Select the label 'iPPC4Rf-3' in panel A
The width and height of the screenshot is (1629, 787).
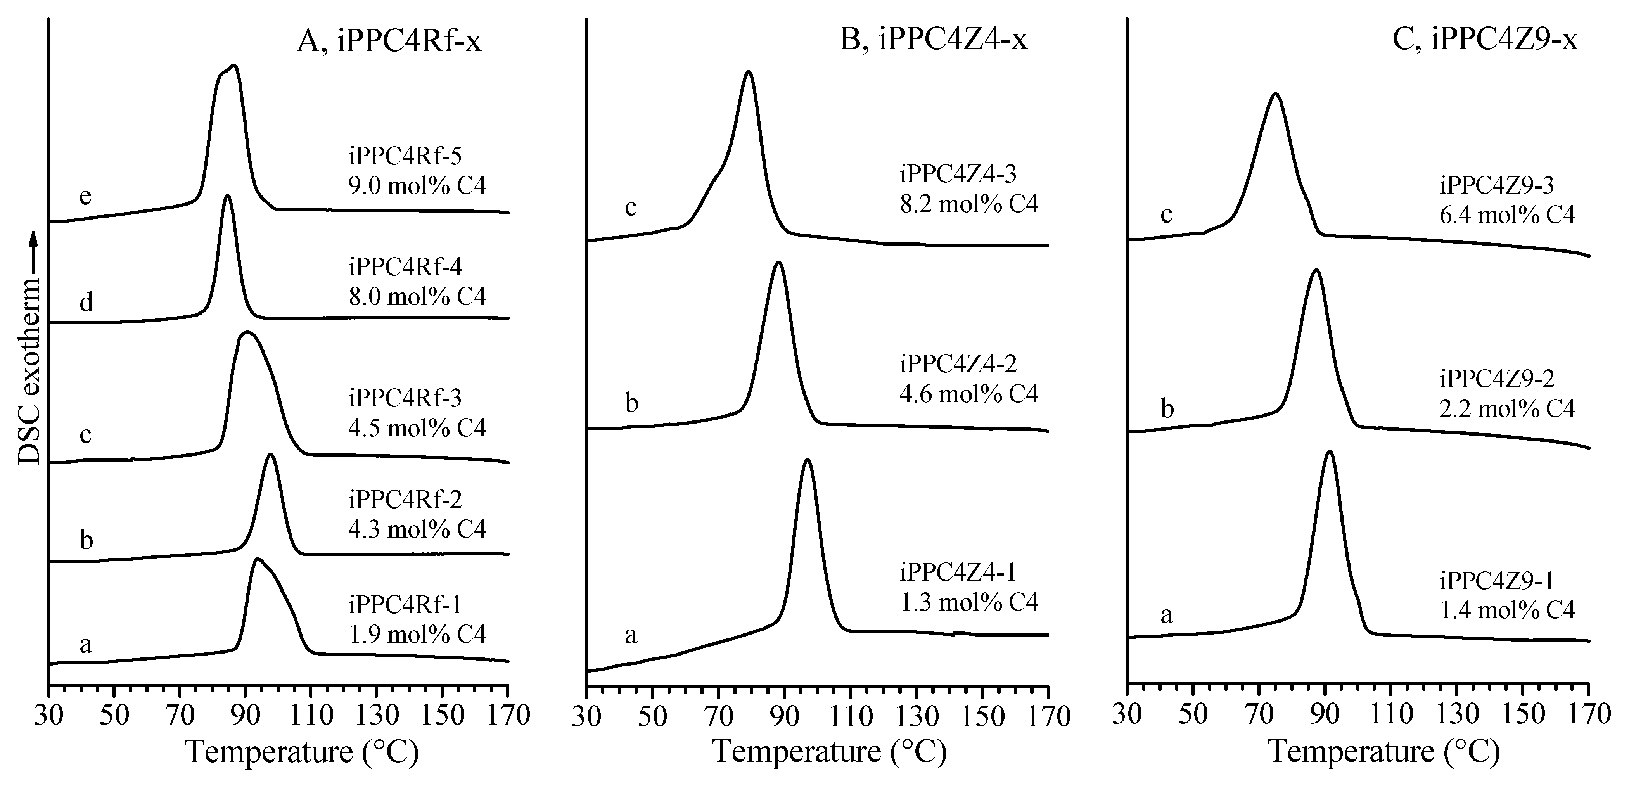(405, 398)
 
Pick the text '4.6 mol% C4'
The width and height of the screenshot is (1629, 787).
(969, 393)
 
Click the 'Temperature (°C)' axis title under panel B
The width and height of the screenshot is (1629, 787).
(829, 752)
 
